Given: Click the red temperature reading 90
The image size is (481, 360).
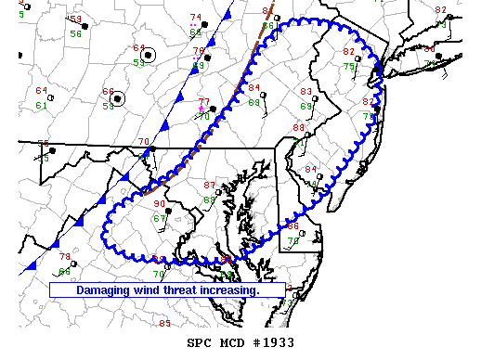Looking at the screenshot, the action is click(159, 204).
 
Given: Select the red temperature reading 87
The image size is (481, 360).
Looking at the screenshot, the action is click(209, 186).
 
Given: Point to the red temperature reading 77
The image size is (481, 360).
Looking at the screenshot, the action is click(203, 101).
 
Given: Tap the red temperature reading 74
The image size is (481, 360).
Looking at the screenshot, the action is click(195, 18).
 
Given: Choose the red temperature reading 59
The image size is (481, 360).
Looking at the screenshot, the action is click(75, 19).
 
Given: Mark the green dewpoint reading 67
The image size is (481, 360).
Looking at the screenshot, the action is click(160, 219).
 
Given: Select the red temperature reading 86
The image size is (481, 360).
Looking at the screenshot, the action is click(292, 226).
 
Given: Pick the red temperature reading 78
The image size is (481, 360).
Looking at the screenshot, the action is click(65, 257).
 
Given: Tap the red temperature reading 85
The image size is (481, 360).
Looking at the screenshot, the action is click(165, 323).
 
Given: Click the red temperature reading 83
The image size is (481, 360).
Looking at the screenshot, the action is click(306, 92).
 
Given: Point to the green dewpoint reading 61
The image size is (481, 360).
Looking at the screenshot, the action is click(41, 106).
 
